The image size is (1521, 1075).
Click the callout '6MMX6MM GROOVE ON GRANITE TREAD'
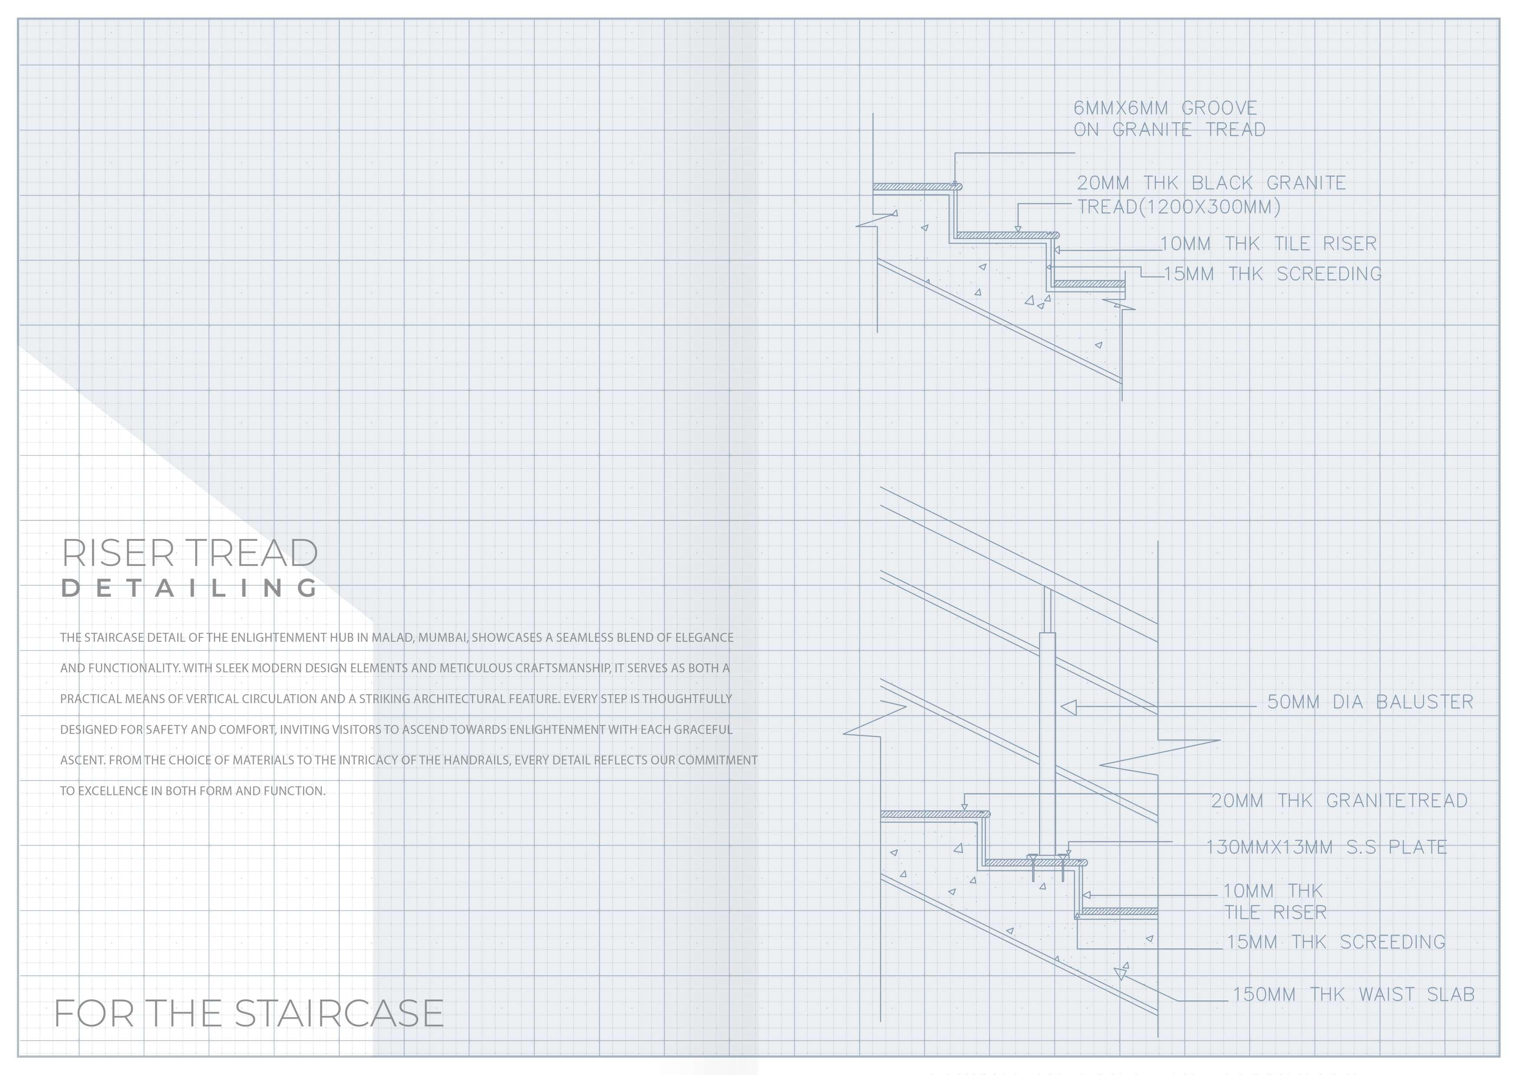click(x=1169, y=118)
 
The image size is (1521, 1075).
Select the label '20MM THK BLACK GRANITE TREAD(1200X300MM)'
click(x=1211, y=195)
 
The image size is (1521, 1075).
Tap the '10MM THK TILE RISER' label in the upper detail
click(x=1268, y=244)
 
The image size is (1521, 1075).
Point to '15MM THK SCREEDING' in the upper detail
click(x=1272, y=274)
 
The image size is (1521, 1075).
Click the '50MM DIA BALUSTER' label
click(x=1369, y=702)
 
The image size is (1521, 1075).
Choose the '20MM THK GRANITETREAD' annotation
click(x=1339, y=801)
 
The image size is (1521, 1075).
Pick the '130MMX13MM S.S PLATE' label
click(x=1326, y=847)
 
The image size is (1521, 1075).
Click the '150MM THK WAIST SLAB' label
click(x=1353, y=995)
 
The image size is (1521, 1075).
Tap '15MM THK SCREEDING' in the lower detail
click(x=1335, y=942)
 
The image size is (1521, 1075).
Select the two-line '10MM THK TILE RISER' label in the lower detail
click(x=1274, y=902)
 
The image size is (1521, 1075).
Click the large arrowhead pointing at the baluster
click(x=1069, y=707)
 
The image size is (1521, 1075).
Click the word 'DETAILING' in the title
click(x=190, y=588)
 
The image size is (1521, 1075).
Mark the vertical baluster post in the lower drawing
click(x=1047, y=742)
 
